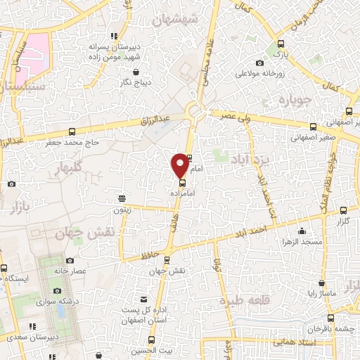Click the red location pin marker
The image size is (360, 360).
click(180, 165)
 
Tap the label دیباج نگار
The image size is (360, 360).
click(135, 82)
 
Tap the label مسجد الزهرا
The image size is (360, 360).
click(302, 242)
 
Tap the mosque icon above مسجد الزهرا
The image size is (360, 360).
click(302, 231)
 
